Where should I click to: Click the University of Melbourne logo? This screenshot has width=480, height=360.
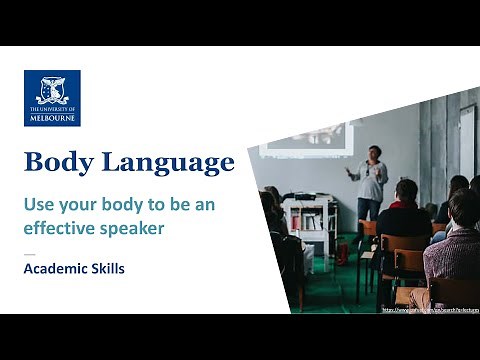click(x=52, y=98)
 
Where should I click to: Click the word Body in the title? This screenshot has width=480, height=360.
click(x=57, y=162)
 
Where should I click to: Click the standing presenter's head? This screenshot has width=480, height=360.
click(x=374, y=152)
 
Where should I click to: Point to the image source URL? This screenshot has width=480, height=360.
click(x=430, y=309)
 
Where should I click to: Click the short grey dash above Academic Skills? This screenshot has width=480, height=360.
click(x=29, y=252)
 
